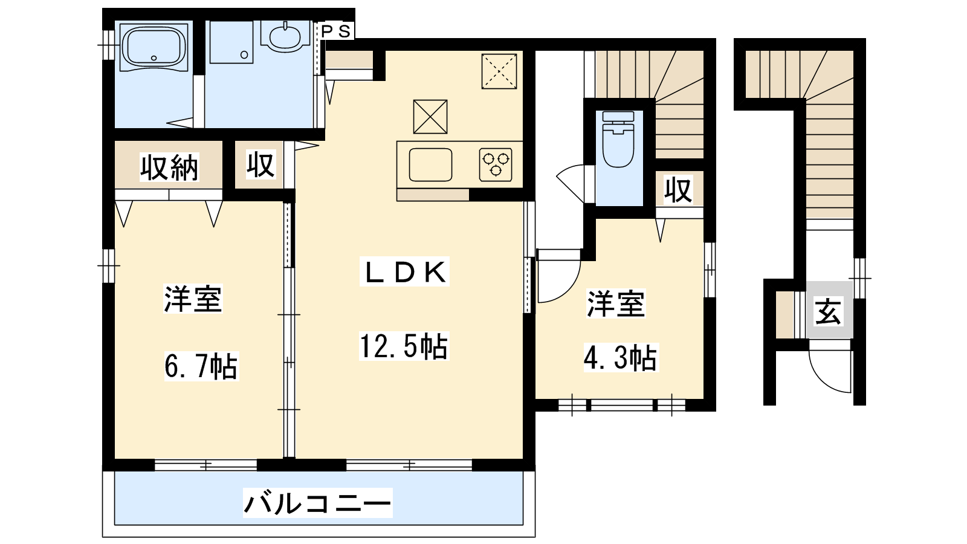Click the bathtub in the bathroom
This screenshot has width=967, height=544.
(x=154, y=46)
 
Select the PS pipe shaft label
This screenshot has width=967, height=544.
(x=337, y=31)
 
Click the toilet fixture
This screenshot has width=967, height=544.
(x=618, y=139)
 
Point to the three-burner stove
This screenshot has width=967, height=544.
(x=496, y=164)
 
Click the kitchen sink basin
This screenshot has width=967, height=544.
(x=430, y=164)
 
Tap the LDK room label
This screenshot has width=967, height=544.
(x=404, y=271)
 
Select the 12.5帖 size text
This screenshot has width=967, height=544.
(x=404, y=346)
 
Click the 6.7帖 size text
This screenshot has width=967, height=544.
(x=201, y=366)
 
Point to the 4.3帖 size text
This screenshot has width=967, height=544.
(x=620, y=357)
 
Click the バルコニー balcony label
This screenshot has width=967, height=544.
(x=318, y=503)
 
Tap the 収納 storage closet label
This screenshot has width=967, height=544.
(x=169, y=167)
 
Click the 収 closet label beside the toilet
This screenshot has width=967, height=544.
(x=678, y=190)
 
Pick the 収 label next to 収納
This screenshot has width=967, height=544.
(x=260, y=164)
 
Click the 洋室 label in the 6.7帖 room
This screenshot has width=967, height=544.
(x=193, y=299)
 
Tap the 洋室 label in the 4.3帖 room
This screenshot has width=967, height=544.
(x=616, y=303)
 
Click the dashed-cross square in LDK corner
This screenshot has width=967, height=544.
(x=499, y=71)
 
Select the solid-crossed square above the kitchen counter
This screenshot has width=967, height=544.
(x=430, y=117)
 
